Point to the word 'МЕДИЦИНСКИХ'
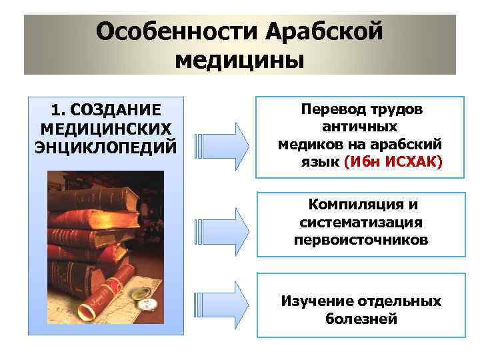pos(105,127)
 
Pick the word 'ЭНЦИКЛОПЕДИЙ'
pos(105,144)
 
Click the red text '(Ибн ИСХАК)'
pos(393,161)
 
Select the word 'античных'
pos(360,126)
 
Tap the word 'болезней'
pos(361,319)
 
